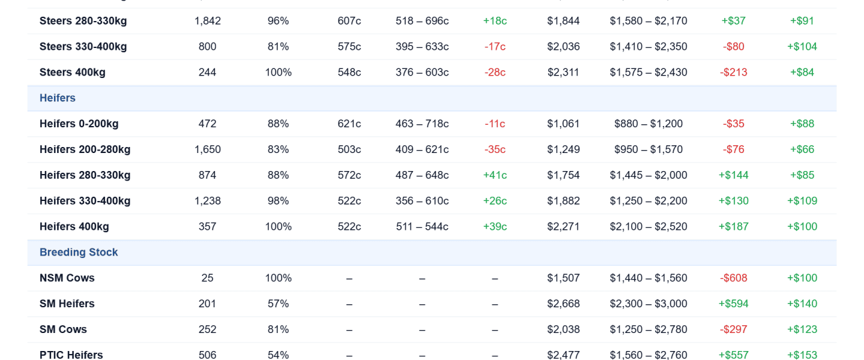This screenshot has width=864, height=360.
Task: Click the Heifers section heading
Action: [x=58, y=98]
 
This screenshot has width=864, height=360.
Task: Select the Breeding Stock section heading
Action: [x=79, y=253]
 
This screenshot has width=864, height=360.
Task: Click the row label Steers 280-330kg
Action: [x=83, y=21]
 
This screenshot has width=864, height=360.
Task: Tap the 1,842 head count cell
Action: [x=208, y=21]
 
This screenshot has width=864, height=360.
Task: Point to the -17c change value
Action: [x=495, y=47]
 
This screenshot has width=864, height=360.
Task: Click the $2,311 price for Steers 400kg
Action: [x=563, y=73]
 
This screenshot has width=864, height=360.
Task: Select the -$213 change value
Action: [x=733, y=73]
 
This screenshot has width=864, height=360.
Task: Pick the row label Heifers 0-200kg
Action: [x=79, y=124]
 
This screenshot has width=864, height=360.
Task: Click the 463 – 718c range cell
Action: [x=422, y=124]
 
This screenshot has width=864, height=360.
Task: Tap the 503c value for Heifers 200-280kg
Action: [x=349, y=150]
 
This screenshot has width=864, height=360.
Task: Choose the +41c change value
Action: [x=495, y=175]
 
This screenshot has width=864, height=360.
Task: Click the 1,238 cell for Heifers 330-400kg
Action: [x=208, y=201]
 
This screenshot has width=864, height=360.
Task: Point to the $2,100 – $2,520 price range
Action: [x=649, y=227]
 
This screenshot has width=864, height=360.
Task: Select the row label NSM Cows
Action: [x=67, y=278]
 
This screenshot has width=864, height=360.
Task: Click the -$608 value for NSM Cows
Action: [x=733, y=278]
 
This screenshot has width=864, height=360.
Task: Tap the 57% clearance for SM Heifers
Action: [x=278, y=304]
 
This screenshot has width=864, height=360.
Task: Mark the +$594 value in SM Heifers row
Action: [x=733, y=304]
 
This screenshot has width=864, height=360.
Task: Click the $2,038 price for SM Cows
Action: [x=563, y=329]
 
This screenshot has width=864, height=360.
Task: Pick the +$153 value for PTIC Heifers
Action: [x=802, y=355]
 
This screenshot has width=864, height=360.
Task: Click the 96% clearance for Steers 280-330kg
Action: [x=278, y=21]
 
